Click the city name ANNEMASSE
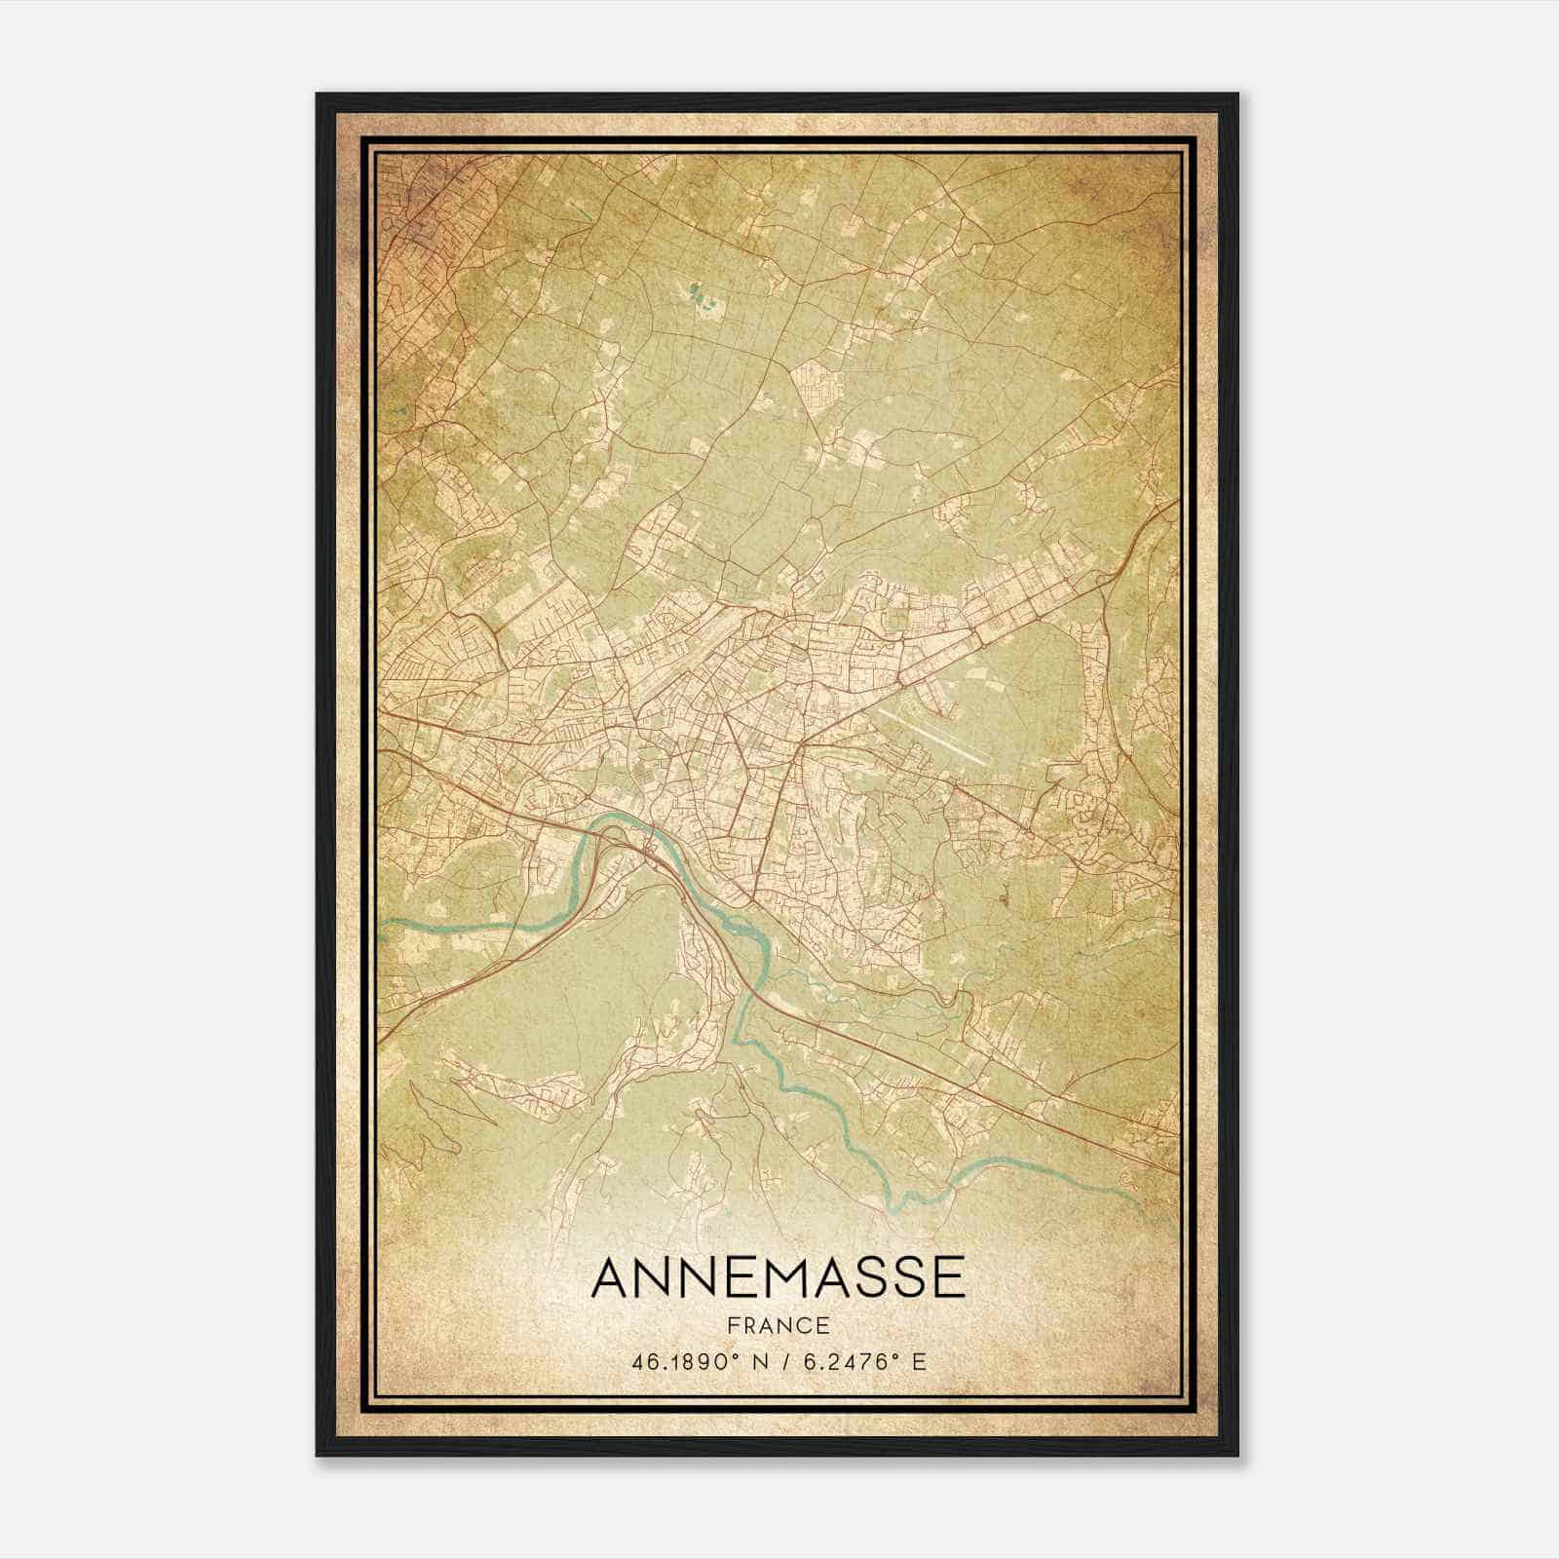[x=778, y=1277]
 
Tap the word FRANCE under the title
[x=778, y=1326]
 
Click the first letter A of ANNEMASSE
[x=610, y=1277]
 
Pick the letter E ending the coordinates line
[x=919, y=1361]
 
